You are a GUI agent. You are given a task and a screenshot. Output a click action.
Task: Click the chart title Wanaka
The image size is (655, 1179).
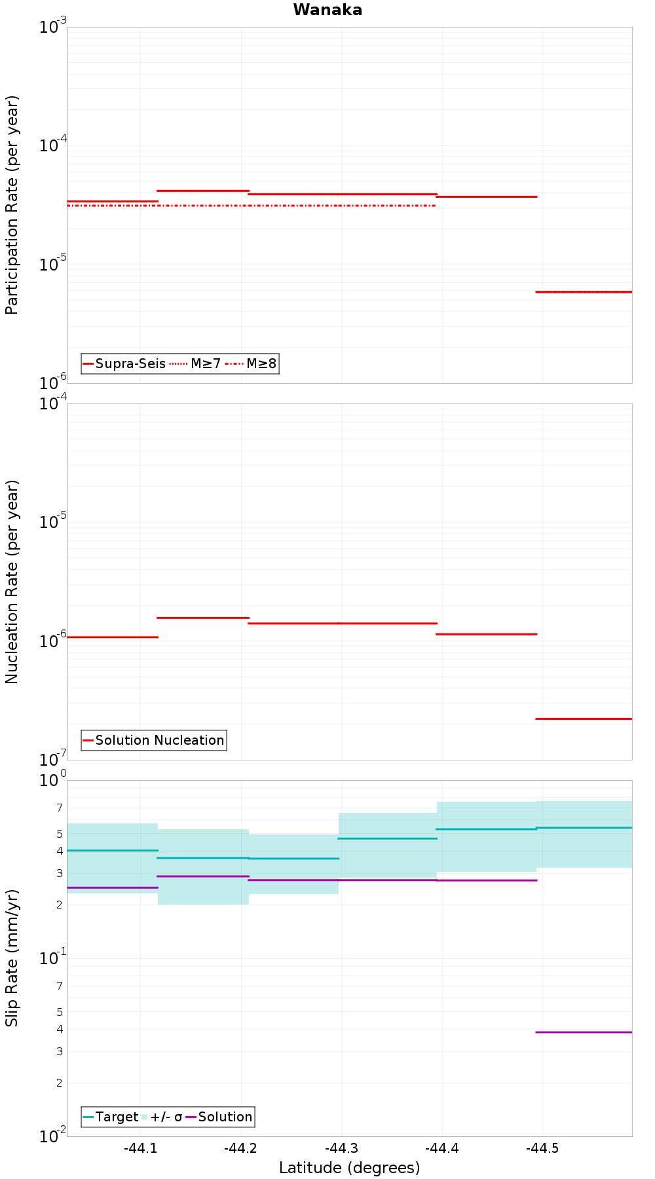point(327,10)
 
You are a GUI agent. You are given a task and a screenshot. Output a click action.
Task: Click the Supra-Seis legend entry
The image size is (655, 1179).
point(124,364)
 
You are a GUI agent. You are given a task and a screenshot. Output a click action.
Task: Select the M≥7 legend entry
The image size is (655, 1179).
point(196,364)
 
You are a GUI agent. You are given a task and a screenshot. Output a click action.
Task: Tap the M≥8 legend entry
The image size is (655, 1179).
point(252,364)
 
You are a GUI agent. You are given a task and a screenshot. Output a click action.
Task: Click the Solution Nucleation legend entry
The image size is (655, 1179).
point(153,740)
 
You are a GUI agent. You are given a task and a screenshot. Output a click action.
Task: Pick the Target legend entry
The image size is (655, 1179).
point(110,1117)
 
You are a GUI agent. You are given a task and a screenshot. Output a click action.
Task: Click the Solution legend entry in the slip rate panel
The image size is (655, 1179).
point(219,1117)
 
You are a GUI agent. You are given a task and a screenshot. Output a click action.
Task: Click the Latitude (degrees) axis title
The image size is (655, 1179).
point(349,1168)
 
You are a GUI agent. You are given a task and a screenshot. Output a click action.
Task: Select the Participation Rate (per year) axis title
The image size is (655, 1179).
point(12,205)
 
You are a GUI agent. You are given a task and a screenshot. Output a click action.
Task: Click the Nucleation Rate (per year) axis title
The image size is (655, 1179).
point(12,582)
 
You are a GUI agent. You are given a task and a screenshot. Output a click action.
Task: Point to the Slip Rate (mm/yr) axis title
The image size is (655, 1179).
point(12,958)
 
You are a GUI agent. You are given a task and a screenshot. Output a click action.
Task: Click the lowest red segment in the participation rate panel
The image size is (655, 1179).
point(584,291)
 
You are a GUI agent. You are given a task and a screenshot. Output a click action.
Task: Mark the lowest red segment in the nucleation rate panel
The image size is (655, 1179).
point(584,719)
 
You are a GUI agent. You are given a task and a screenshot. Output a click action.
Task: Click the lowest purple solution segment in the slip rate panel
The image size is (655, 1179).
point(584,1032)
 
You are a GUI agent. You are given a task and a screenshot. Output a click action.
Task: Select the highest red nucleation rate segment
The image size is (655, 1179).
point(203,618)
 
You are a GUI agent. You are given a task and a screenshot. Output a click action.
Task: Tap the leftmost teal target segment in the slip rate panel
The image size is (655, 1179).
point(113,850)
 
